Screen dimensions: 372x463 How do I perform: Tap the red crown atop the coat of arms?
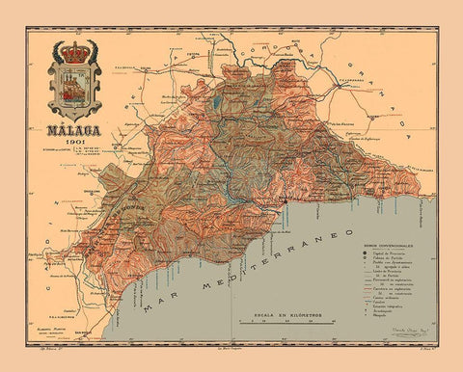tap(73, 49)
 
